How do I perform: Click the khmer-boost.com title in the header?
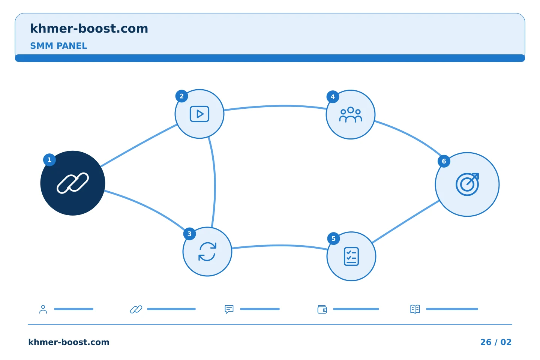(x=89, y=28)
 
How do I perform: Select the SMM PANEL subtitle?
(x=58, y=46)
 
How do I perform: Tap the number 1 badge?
(x=49, y=160)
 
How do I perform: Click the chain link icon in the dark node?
(x=73, y=183)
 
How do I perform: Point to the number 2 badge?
(x=182, y=96)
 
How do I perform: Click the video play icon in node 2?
(x=199, y=114)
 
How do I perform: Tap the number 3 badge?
(x=189, y=234)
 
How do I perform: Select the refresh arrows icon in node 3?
(x=207, y=252)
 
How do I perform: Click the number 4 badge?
(x=333, y=97)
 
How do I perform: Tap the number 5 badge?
(x=334, y=239)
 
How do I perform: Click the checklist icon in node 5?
(x=351, y=256)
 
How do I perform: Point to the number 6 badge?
(x=444, y=161)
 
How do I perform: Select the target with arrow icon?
(x=467, y=184)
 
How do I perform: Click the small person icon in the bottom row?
(x=43, y=309)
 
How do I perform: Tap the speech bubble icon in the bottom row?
(x=229, y=309)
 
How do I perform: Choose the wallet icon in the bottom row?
(x=322, y=309)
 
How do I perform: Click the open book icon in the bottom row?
(x=415, y=309)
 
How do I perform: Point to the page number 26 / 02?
(x=496, y=342)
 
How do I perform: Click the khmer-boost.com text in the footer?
(x=69, y=342)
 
